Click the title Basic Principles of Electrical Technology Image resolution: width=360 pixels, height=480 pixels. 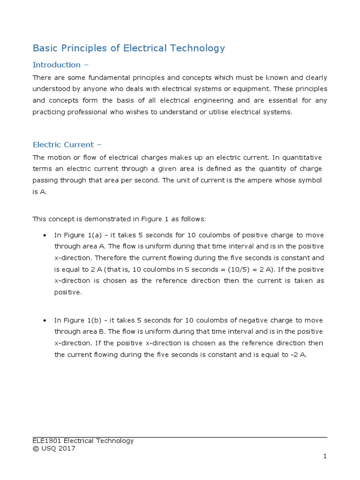[128, 48]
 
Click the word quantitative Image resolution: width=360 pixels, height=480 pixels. [300, 157]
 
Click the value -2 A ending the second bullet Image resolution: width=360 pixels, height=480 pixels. [299, 355]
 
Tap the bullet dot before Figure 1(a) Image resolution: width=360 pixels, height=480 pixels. [44, 235]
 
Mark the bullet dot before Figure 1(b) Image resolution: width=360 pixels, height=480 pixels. [44, 321]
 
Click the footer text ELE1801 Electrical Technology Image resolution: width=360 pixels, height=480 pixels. [83, 441]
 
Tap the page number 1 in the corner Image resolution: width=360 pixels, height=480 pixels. [324, 456]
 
